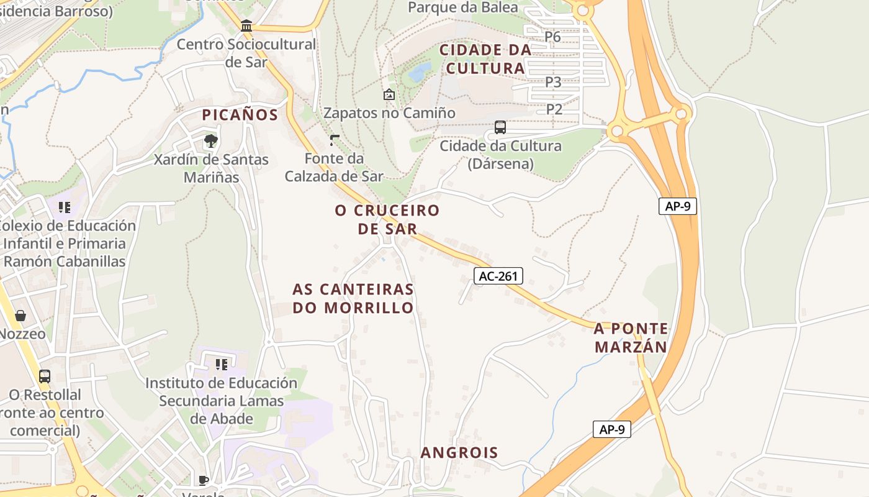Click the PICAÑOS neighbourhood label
tap(240, 115)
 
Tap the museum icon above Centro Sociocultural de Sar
tap(246, 26)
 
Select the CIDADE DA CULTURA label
tap(485, 59)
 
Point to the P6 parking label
tap(552, 37)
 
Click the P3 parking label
tap(553, 81)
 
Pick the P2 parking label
tap(554, 109)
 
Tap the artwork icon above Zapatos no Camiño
tap(389, 94)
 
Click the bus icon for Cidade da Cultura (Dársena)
tap(500, 127)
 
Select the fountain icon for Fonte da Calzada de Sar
tap(335, 140)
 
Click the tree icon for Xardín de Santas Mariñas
tap(211, 140)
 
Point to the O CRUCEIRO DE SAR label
tap(387, 219)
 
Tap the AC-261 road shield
tap(498, 276)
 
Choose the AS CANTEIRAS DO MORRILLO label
tap(353, 298)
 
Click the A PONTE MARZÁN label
tap(631, 337)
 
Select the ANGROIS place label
tap(459, 452)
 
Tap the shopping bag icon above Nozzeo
tap(20, 316)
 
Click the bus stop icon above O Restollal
tap(45, 376)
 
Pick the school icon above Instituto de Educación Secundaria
tap(221, 364)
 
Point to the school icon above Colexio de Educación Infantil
tap(65, 207)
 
